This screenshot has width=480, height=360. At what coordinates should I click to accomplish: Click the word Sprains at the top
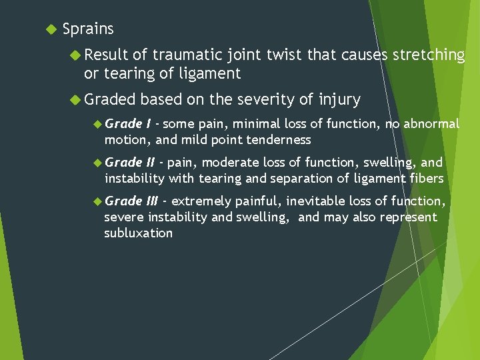(88, 29)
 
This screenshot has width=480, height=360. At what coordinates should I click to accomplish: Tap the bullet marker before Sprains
(48, 29)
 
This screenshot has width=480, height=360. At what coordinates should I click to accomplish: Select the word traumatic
(198, 55)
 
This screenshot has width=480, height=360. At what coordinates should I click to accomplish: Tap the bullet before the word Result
(75, 55)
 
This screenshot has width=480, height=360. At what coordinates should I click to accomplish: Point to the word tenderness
(279, 139)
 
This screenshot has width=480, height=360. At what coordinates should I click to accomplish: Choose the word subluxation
(138, 233)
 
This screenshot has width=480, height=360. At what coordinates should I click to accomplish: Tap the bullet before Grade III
(97, 201)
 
